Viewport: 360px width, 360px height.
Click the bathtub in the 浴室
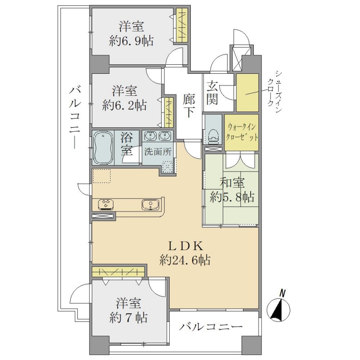103,148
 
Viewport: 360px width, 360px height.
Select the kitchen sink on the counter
150,204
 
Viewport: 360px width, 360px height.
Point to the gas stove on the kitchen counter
106,204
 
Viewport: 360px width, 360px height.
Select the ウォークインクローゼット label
242,132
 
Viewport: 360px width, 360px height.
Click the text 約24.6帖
185,260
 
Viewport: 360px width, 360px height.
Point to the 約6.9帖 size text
131,41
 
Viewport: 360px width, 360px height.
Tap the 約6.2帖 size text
125,106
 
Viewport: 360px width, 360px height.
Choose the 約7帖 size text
128,318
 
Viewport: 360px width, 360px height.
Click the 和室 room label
232,183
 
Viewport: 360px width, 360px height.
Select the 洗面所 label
158,152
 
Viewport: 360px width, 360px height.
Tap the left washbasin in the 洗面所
150,136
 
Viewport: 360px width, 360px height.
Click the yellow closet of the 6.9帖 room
182,25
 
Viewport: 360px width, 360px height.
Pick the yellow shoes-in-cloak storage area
247,93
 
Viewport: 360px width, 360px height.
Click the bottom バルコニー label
211,327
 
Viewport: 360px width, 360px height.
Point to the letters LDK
185,246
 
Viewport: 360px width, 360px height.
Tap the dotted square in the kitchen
102,176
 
